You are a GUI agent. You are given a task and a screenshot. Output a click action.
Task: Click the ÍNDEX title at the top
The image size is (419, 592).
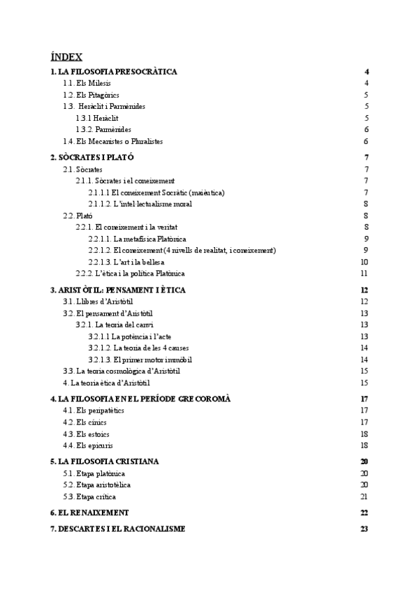(66, 57)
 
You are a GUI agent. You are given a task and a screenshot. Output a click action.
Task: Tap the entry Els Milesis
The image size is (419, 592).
(87, 84)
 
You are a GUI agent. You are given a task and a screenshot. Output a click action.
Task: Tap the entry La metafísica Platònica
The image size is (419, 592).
(146, 239)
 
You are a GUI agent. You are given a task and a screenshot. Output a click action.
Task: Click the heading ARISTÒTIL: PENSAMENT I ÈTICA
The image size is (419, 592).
(117, 290)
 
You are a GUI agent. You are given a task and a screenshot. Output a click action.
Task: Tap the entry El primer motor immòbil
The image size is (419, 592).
(140, 360)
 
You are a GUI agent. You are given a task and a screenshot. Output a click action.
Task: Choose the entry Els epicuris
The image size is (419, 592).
(89, 445)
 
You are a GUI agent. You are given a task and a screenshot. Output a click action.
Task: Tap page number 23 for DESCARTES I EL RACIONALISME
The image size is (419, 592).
(364, 528)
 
